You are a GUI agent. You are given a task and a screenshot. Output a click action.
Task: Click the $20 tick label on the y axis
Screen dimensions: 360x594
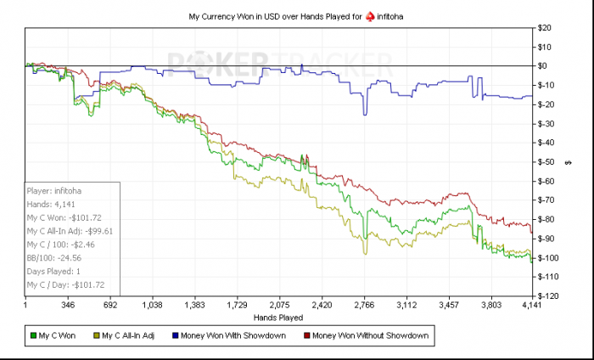pos(546,27)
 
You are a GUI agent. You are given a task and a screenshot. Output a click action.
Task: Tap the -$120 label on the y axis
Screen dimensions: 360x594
pos(548,295)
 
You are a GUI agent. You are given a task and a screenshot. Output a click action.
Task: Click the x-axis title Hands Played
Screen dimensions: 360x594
pos(279,317)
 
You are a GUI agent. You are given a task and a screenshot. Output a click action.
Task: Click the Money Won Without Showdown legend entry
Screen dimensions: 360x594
pos(370,336)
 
